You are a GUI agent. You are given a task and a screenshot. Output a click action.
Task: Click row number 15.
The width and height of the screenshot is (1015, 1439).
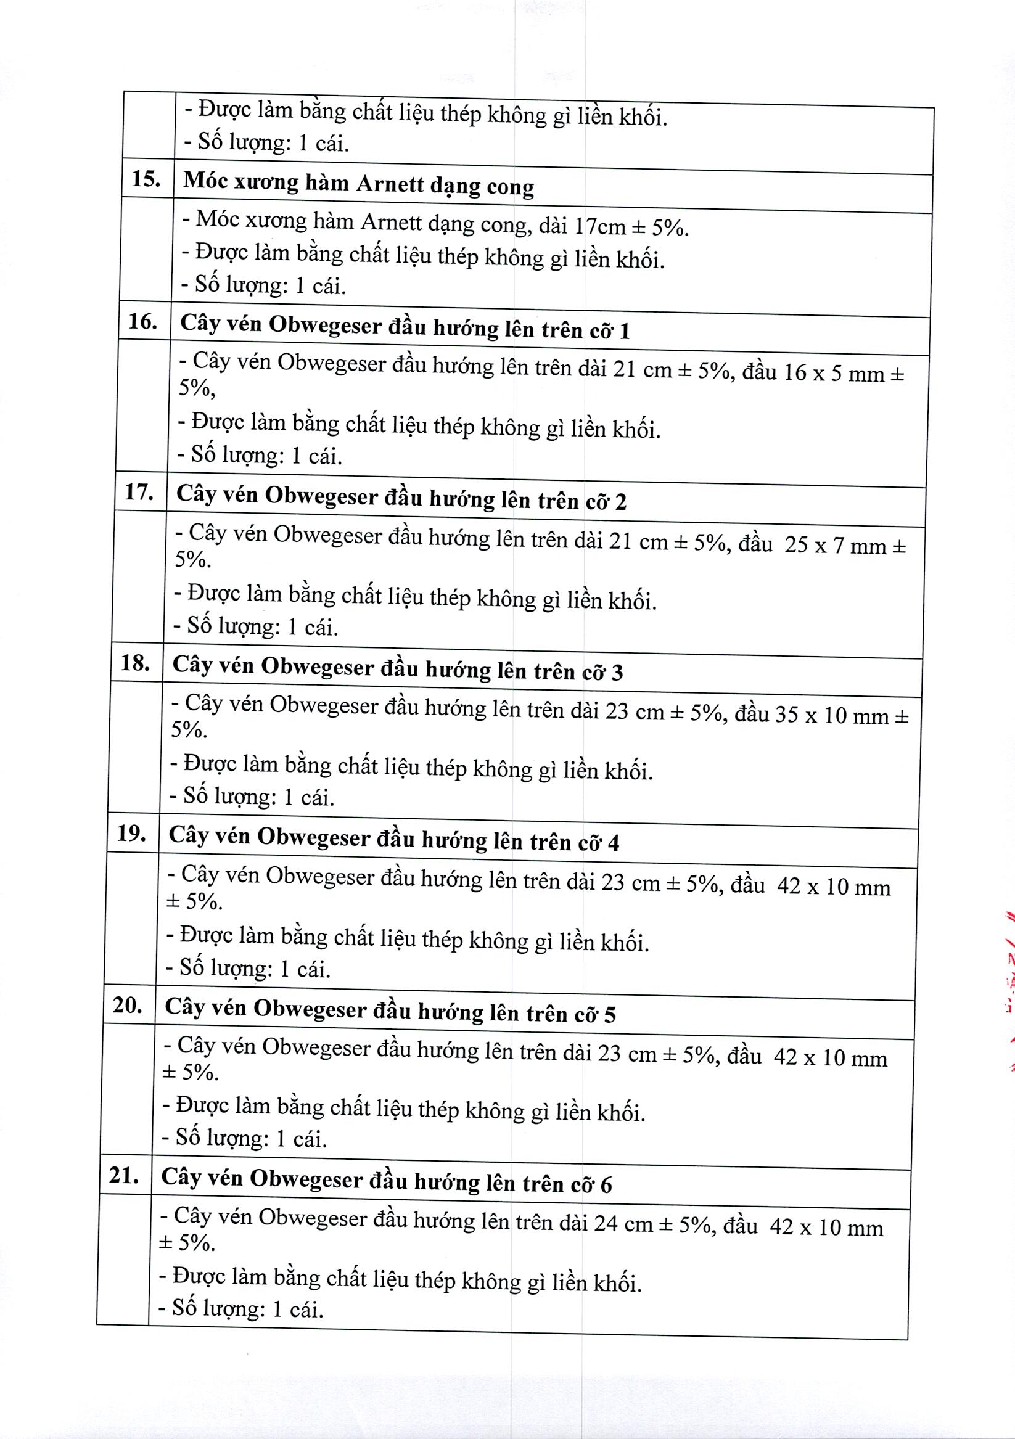[146, 179]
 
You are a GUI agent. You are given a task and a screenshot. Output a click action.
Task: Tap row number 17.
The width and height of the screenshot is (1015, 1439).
[139, 492]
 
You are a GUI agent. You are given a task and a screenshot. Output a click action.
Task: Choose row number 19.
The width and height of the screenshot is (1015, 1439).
[131, 834]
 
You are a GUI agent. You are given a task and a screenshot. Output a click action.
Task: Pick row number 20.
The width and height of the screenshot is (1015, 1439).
[127, 1006]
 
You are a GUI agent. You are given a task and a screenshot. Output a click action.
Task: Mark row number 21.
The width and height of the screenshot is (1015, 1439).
[123, 1176]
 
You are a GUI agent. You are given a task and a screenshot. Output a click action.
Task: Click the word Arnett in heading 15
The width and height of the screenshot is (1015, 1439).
[388, 184]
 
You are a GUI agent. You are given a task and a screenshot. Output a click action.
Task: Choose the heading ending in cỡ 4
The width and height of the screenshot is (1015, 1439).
[393, 838]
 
